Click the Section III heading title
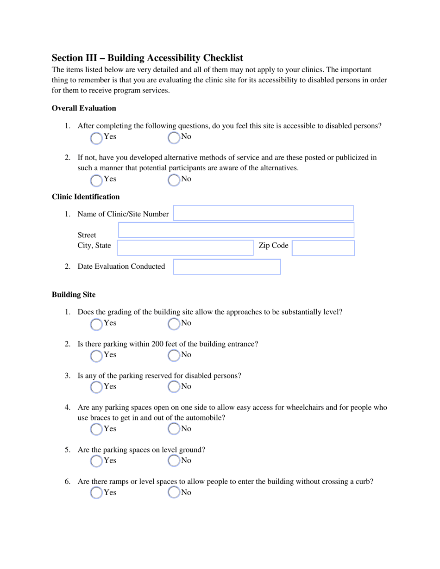pyautogui.click(x=147, y=58)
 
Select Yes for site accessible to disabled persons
pyautogui.click(x=96, y=137)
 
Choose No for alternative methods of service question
pyautogui.click(x=174, y=179)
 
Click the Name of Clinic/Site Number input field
pyautogui.click(x=263, y=213)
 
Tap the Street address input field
pyautogui.click(x=236, y=230)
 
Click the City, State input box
pyautogui.click(x=185, y=247)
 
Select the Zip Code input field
pyautogui.click(x=323, y=248)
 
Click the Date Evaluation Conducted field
pyautogui.click(x=227, y=267)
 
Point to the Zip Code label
pyautogui.click(x=273, y=246)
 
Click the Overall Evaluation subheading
pyautogui.click(x=84, y=108)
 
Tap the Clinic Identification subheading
pyautogui.click(x=86, y=197)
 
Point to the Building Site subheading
pyautogui.click(x=74, y=295)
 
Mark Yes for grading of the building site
pyautogui.click(x=96, y=324)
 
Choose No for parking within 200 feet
pyautogui.click(x=174, y=355)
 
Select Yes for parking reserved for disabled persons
pyautogui.click(x=96, y=387)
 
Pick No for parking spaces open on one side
pyautogui.click(x=174, y=429)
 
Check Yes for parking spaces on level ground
pyautogui.click(x=96, y=461)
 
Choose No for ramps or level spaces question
pyautogui.click(x=174, y=493)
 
